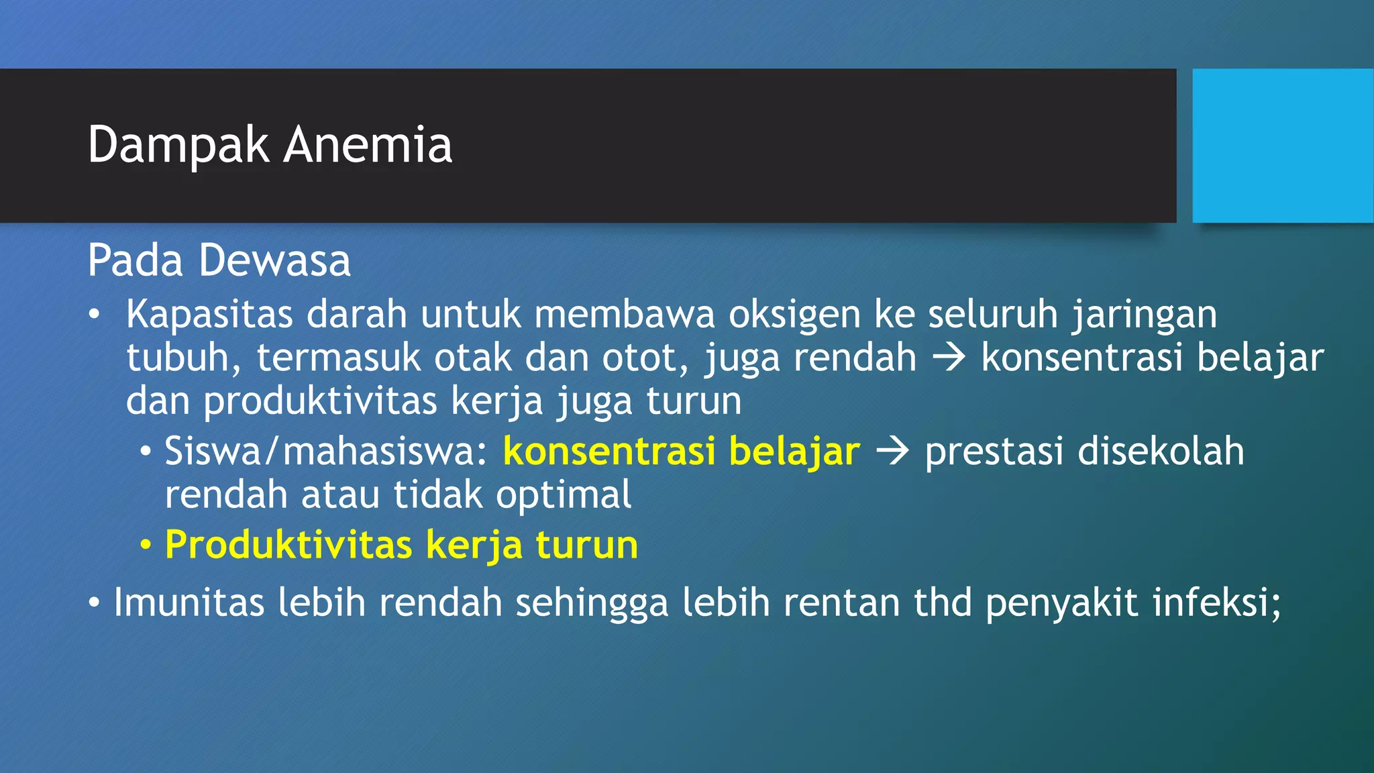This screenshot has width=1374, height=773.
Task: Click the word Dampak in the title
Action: pos(178,145)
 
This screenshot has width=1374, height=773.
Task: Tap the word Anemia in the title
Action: pos(368,145)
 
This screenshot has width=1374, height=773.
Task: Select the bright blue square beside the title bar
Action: pos(1283,146)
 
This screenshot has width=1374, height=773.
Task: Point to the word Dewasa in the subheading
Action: pos(274,260)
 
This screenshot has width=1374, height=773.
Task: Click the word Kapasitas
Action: pos(209,314)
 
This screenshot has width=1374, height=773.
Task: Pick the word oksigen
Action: pos(794,315)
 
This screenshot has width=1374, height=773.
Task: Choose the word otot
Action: pos(645,358)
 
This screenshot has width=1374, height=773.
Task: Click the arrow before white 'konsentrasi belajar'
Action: pos(949,358)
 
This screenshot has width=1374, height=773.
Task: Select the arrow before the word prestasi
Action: pos(892,452)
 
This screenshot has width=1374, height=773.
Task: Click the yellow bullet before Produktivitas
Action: pos(146,546)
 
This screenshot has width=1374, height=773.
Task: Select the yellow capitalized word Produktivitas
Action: pos(288,545)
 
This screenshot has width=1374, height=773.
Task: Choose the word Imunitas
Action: pos(189,602)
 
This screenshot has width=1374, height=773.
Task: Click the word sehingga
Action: pos(592,603)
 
